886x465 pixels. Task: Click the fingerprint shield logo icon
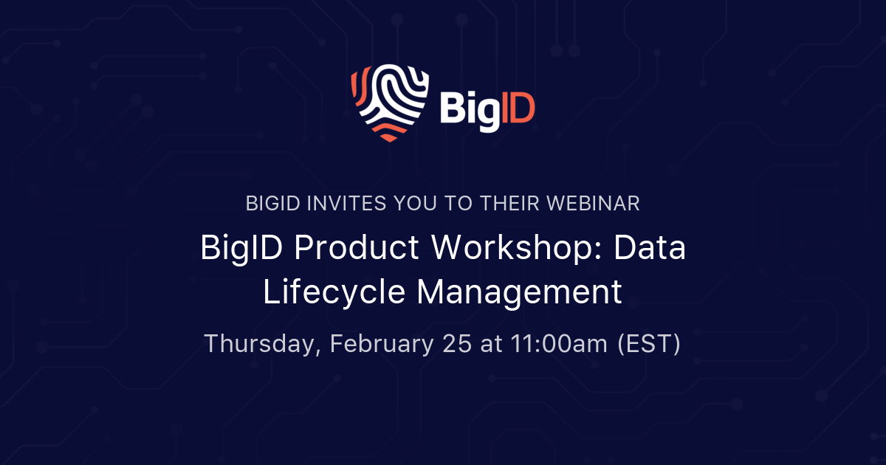390,102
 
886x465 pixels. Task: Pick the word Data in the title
650,249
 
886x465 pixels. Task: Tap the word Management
519,293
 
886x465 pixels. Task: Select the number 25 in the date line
458,344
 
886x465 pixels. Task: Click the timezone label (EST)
648,344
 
